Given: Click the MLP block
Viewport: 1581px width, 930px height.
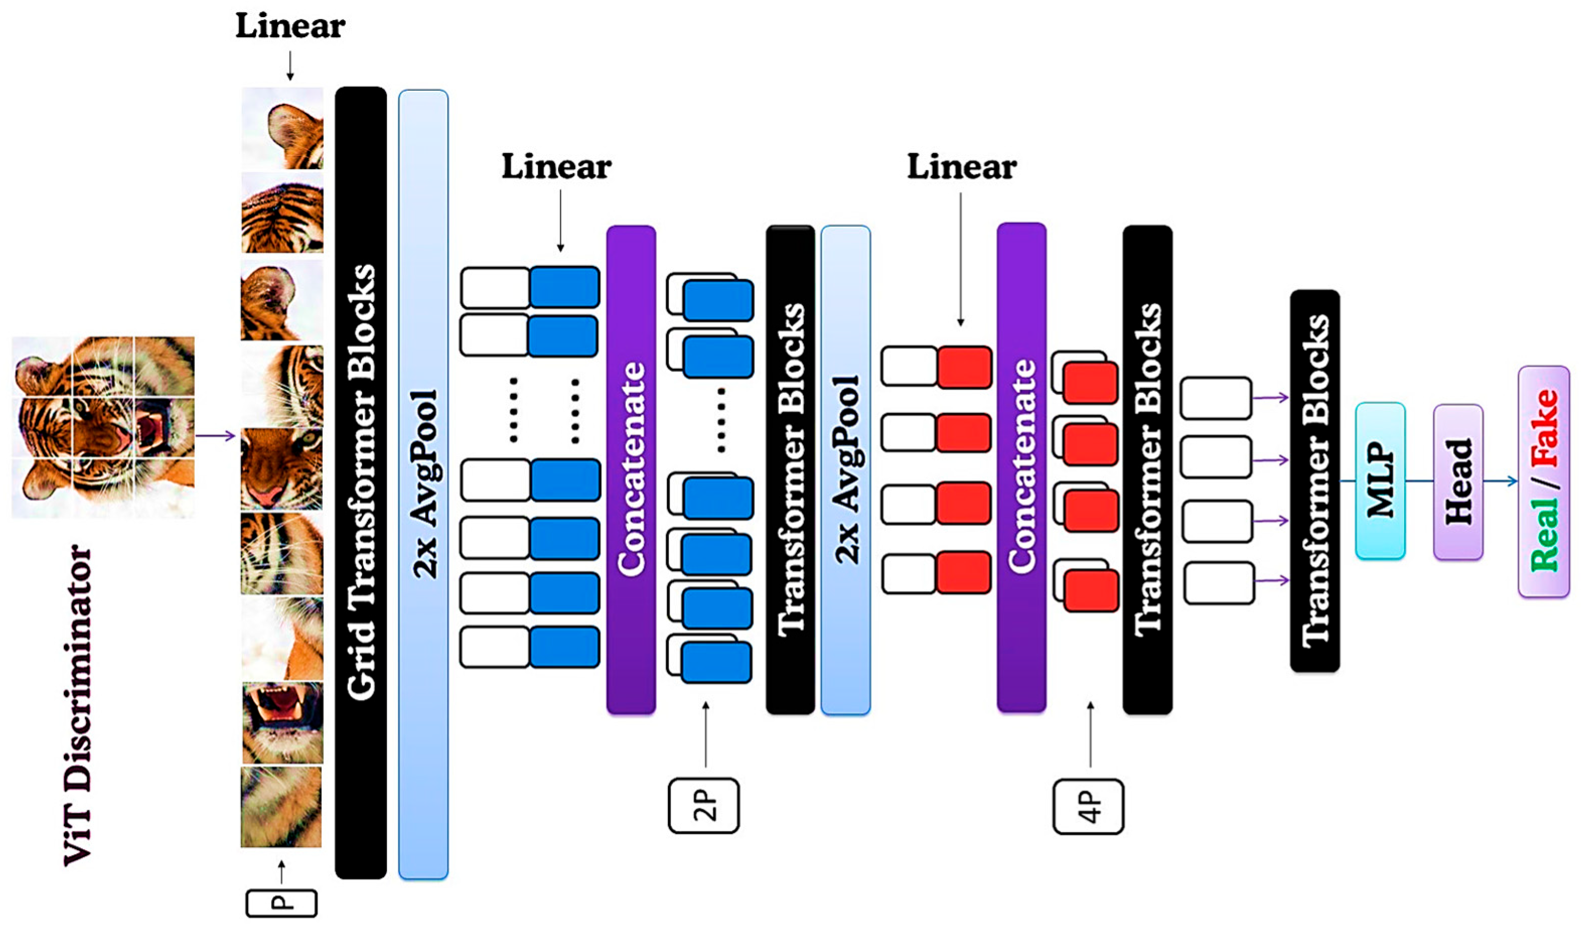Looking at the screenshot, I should pos(1380,481).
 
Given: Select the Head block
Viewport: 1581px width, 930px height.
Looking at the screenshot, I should pos(1458,482).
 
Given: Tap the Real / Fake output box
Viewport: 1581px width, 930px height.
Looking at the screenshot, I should pos(1543,481).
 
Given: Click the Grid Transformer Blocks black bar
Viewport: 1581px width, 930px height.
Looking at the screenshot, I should pos(361,482).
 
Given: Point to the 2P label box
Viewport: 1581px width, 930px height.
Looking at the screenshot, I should pos(703,806).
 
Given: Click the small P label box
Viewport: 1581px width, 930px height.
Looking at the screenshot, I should pos(281,904).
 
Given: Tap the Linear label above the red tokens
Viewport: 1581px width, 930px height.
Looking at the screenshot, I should pos(961,168).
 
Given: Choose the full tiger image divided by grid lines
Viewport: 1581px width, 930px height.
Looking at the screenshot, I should pos(103,426).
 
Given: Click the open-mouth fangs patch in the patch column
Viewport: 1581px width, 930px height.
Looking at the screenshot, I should pos(282,722).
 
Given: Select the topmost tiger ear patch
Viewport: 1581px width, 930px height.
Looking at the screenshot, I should pos(282,128).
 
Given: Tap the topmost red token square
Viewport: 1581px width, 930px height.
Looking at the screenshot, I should pos(964,367).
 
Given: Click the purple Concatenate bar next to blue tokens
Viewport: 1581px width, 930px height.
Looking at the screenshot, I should pos(631,469).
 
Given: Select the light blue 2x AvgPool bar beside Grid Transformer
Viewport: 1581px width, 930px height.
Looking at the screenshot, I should pos(423,483).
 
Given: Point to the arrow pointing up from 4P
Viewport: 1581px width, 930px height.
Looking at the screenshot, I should pos(1090,734).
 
